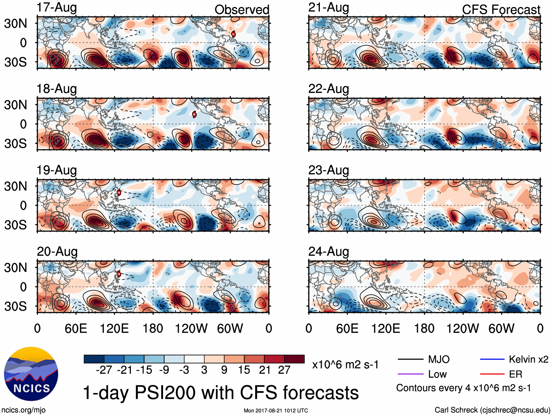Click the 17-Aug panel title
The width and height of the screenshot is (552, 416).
pyautogui.click(x=57, y=8)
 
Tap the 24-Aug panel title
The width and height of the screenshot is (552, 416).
pyautogui.click(x=328, y=252)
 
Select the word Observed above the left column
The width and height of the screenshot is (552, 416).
pyautogui.click(x=242, y=10)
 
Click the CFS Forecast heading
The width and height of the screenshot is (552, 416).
pyautogui.click(x=501, y=10)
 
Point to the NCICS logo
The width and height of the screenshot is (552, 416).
pyautogui.click(x=31, y=374)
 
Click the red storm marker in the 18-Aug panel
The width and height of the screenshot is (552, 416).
pyautogui.click(x=194, y=114)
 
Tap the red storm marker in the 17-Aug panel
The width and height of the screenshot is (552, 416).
pyautogui.click(x=233, y=34)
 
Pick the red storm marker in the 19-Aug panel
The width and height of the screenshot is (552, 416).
pyautogui.click(x=119, y=192)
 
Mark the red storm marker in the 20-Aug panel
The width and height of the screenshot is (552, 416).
pyautogui.click(x=118, y=274)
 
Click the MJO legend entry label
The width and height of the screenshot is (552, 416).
pyautogui.click(x=439, y=359)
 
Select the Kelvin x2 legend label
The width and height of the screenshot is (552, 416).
pyautogui.click(x=528, y=359)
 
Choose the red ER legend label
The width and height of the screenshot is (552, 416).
pyautogui.click(x=515, y=374)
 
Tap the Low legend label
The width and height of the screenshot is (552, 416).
pyautogui.click(x=437, y=374)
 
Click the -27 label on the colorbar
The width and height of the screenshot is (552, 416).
pyautogui.click(x=104, y=370)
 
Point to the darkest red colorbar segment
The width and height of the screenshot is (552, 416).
pyautogui.click(x=294, y=359)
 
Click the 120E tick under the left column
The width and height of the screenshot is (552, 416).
pyautogui.click(x=114, y=328)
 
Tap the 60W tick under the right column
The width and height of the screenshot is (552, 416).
pyautogui.click(x=501, y=328)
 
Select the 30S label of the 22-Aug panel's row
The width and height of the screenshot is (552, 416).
pyautogui.click(x=16, y=143)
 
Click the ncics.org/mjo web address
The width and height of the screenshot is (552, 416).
pyautogui.click(x=23, y=410)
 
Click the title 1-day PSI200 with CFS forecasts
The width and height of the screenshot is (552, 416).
pyautogui.click(x=221, y=393)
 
